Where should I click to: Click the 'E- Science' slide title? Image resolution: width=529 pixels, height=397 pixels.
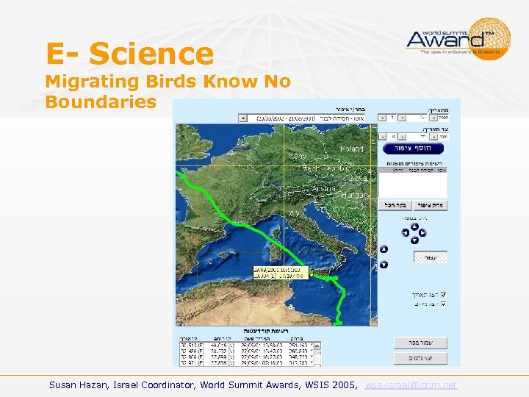(x=129, y=54)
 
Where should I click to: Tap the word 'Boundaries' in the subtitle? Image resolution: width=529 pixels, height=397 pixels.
(x=101, y=101)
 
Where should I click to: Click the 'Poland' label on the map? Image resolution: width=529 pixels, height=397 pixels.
(x=351, y=149)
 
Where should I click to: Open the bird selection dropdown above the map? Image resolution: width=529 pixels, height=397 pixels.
(x=243, y=118)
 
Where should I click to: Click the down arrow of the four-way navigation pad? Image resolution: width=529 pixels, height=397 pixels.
(x=414, y=240)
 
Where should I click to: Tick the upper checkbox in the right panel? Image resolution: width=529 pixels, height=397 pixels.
(x=442, y=294)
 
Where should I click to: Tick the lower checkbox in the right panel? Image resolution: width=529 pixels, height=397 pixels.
(x=442, y=303)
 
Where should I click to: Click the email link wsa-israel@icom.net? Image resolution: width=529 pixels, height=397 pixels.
(x=411, y=385)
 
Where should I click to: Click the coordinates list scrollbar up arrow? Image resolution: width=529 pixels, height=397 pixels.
(x=317, y=344)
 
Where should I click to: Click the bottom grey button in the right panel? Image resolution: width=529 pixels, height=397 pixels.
(x=420, y=358)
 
